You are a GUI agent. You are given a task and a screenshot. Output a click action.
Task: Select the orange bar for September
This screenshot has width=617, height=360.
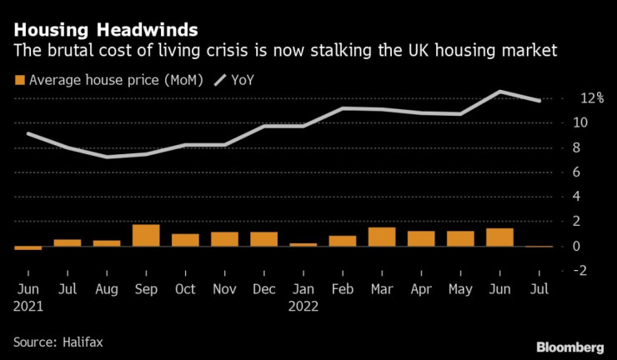(146, 236)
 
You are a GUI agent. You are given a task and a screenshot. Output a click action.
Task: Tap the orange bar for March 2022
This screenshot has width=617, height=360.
(382, 237)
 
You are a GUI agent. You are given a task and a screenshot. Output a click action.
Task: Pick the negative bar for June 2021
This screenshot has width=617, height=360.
(28, 247)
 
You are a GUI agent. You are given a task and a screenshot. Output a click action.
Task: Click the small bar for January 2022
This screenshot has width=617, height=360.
(303, 244)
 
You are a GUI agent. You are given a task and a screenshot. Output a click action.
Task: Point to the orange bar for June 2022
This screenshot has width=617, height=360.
(499, 237)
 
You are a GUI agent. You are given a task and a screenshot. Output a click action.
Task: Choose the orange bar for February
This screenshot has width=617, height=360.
(342, 241)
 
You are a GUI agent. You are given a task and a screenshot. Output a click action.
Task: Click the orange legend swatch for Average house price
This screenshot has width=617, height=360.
(19, 81)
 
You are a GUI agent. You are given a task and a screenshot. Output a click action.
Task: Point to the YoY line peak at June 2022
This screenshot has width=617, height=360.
(499, 92)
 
